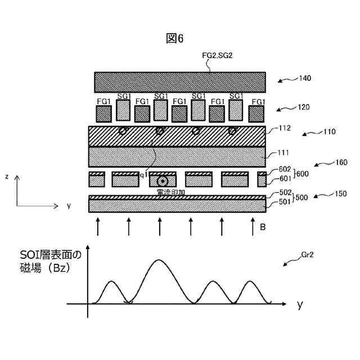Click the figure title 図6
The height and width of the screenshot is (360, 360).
(x=175, y=38)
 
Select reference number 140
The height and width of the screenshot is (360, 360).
(x=306, y=78)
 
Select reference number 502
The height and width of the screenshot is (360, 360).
(x=286, y=193)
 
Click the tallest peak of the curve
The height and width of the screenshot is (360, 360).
(x=159, y=260)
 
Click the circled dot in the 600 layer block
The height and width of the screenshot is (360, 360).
(x=163, y=181)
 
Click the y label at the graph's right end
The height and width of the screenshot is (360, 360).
(x=300, y=304)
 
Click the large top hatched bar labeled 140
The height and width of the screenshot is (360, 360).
(x=180, y=82)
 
